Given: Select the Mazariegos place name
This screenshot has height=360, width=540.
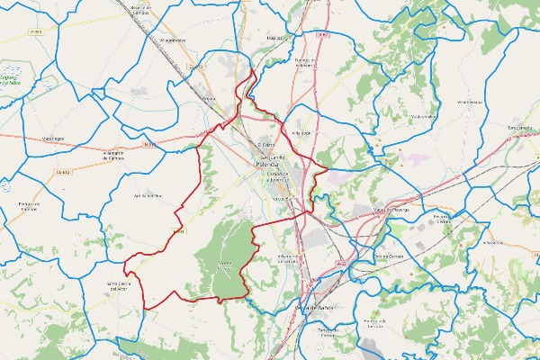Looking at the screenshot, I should tap(54, 139).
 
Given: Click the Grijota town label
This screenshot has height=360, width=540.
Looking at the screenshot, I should tap(209, 99).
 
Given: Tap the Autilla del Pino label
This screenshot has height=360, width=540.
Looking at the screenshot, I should tap(147, 194).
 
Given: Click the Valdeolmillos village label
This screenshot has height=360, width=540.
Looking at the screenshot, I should tap(423, 116).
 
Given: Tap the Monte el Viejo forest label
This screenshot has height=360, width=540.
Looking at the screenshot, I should tap(226, 265).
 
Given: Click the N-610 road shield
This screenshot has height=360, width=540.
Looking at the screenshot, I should tap(148, 143).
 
